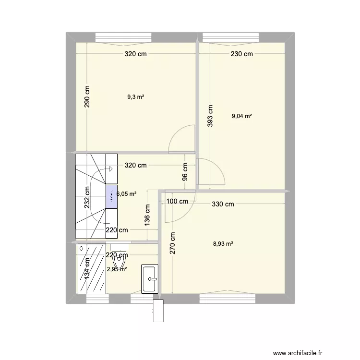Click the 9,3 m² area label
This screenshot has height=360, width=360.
point(136,97)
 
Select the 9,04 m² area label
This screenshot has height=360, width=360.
point(242,116)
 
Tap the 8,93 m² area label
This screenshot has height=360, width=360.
point(223,243)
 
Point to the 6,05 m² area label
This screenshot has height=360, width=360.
point(126,194)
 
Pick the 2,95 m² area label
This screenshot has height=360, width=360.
point(117,269)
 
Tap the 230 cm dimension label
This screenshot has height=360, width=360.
point(241,54)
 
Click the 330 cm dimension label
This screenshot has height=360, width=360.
point(223,204)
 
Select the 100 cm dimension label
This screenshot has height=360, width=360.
point(177,201)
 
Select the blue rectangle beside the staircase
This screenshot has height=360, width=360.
point(111,197)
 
